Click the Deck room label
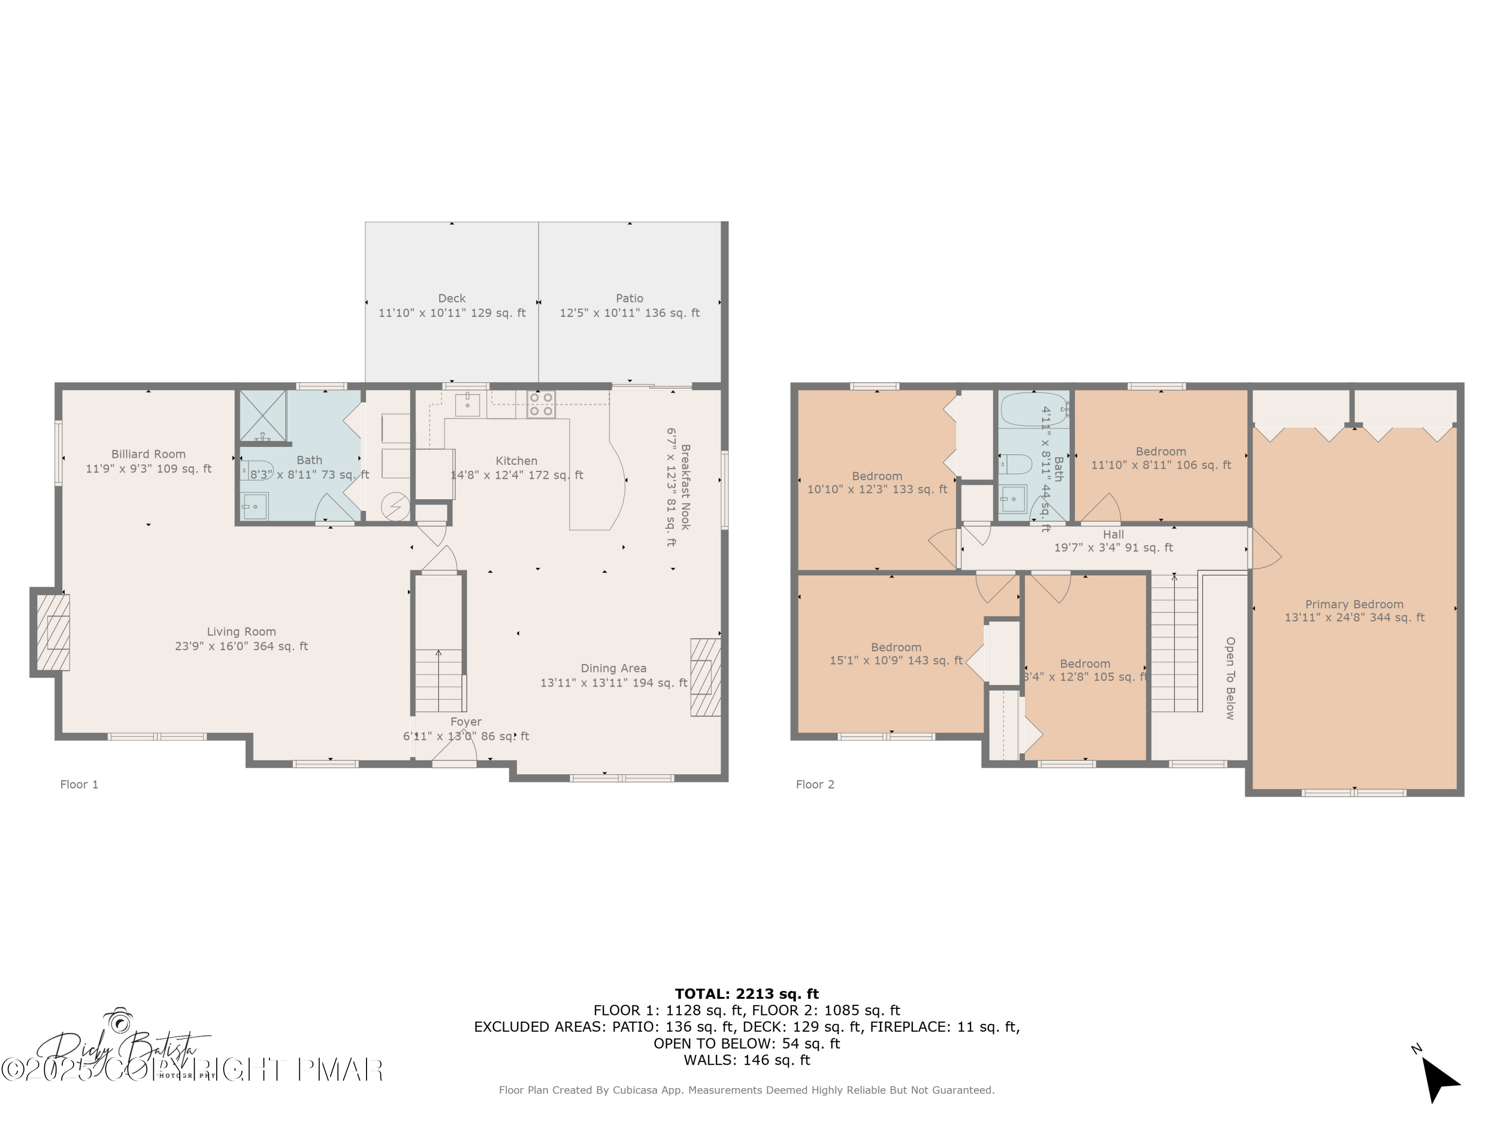[452, 298]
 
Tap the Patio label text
[629, 298]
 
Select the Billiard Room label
[148, 454]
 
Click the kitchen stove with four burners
[541, 404]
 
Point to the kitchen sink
[468, 404]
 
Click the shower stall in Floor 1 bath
[263, 416]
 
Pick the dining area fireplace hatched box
[705, 677]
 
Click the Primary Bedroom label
[1354, 604]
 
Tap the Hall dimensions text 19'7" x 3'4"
[1113, 548]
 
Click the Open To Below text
[1230, 678]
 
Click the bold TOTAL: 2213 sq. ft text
[747, 993]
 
